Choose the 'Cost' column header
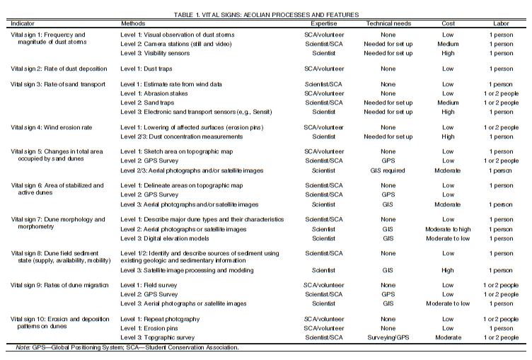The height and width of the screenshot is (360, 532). click(448, 23)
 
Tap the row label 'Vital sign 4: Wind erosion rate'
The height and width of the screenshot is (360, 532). click(57, 127)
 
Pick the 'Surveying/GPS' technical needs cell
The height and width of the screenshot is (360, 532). click(388, 337)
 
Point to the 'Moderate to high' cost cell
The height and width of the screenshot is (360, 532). click(448, 229)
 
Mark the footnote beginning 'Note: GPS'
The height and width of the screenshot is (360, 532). click(127, 347)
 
